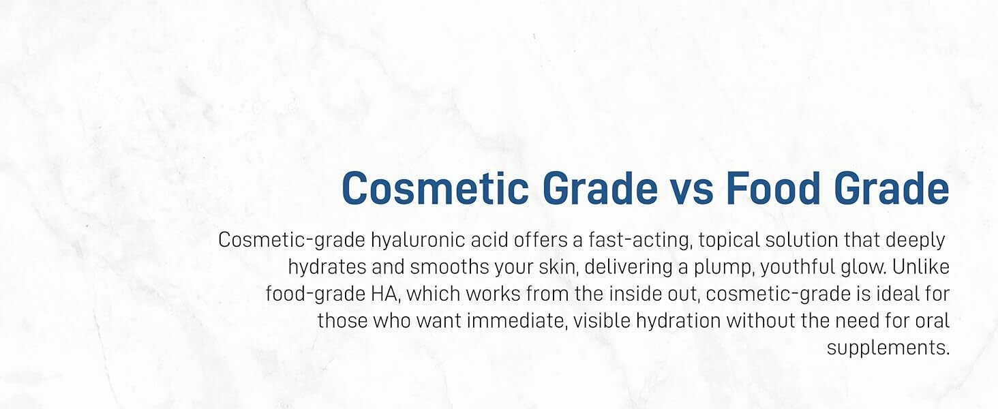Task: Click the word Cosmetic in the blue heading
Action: (x=436, y=188)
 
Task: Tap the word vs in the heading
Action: (x=692, y=192)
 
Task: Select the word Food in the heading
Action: (x=774, y=188)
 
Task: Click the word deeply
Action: (x=916, y=241)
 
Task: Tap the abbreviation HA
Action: (x=385, y=294)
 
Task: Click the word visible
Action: (x=602, y=321)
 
